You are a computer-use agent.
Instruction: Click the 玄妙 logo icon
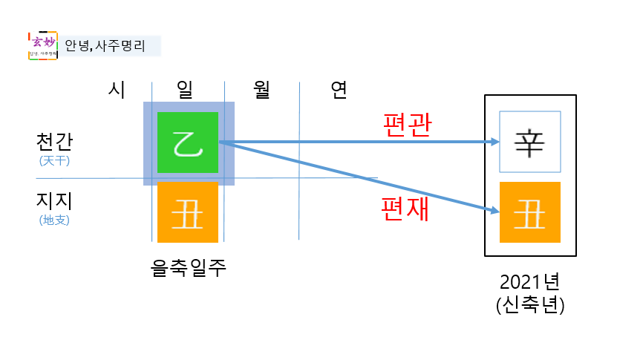point(42,45)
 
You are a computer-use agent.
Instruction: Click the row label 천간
point(54,141)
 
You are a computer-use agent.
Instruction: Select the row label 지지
point(54,201)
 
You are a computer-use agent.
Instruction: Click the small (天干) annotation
point(54,160)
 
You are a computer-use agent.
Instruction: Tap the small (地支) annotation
point(54,220)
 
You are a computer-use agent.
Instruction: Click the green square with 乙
point(187,142)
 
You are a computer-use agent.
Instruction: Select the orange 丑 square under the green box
point(187,212)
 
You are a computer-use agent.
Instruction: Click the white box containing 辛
point(530,142)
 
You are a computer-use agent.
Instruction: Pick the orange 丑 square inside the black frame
point(530,212)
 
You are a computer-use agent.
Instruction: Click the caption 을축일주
point(188,268)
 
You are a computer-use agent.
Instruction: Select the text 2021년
point(530,283)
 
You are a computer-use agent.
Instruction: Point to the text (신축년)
point(530,306)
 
